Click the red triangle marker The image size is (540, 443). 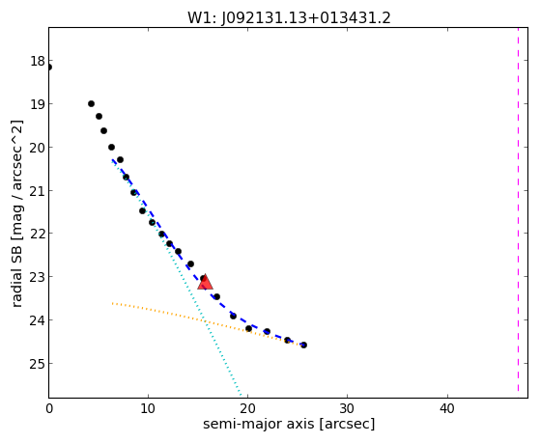coord(205,282)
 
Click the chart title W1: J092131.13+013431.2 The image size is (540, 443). coord(289,18)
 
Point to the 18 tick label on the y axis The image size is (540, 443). coord(38,61)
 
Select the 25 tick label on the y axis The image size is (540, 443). coord(38,364)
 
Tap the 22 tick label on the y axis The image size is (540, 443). coord(38,234)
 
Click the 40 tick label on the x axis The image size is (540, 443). coord(447,408)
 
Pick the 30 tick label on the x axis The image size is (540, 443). coord(347,408)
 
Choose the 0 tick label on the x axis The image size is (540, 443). coord(49,408)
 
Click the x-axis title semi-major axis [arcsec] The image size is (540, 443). coord(289,424)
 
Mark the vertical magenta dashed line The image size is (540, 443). coord(518,209)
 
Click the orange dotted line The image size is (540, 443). coord(208,322)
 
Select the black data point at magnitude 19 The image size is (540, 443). coord(91,103)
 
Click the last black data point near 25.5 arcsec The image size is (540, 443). coord(303,345)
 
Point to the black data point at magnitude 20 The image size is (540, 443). coord(112,147)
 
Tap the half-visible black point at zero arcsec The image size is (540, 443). coord(49,68)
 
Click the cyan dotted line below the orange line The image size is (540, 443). coord(223,358)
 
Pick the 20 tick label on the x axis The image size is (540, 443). coord(247,408)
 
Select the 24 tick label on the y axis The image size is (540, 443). coord(38,320)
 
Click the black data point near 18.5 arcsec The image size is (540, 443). coord(233,316)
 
